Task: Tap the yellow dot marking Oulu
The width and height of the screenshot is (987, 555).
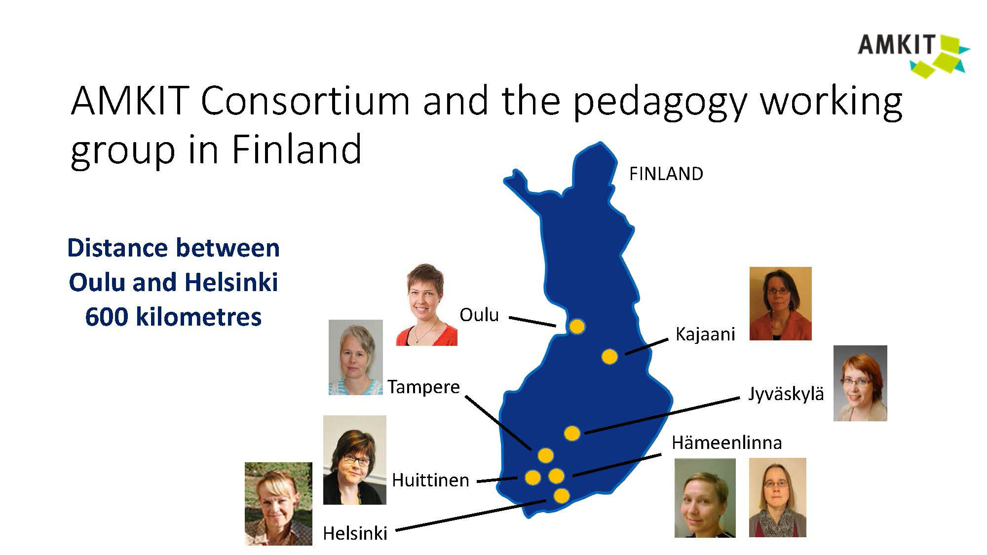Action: coord(577,326)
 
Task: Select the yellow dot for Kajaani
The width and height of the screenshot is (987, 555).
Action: coord(609,356)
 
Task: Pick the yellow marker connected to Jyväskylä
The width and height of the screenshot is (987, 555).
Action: coord(571,433)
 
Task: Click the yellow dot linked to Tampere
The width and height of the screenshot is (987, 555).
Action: coord(545,455)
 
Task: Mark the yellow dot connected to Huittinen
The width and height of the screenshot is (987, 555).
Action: coord(532,477)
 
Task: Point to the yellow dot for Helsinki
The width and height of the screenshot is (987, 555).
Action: coord(561,495)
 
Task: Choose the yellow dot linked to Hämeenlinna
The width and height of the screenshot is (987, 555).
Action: coord(556,476)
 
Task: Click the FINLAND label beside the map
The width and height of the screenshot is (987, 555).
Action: coord(666,174)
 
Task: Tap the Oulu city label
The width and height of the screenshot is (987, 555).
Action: coord(479,315)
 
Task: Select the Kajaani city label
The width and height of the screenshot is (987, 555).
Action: coord(705,334)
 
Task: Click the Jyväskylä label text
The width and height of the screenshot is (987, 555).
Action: coord(786,394)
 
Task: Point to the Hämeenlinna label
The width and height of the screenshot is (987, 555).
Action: coord(726,443)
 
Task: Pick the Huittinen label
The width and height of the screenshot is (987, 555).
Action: coord(430,480)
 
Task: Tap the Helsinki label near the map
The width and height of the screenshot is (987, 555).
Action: coord(355,533)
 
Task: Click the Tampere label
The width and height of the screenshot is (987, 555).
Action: coord(423,387)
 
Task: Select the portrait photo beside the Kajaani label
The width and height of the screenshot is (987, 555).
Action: coord(780,304)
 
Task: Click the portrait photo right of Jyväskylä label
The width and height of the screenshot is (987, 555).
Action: coord(860,383)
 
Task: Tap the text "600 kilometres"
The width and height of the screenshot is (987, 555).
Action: coord(173,316)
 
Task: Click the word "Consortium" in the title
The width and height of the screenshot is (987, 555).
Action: coord(305,101)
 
